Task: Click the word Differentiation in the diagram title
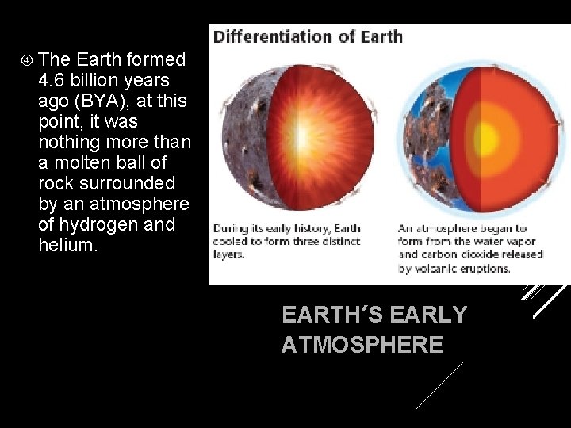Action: (274, 36)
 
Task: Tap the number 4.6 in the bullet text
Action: (52, 80)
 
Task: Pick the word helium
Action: (67, 245)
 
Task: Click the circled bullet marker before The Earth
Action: (26, 59)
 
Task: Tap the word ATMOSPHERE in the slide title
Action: (362, 345)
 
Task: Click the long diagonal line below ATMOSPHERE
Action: (439, 385)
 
